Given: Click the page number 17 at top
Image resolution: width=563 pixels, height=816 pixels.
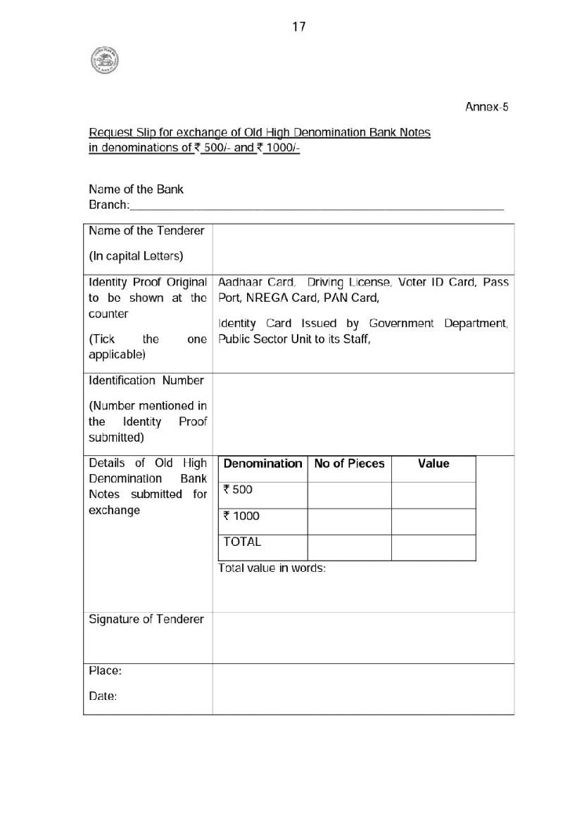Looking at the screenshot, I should pyautogui.click(x=298, y=27).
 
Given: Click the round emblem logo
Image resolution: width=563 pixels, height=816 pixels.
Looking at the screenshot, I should pyautogui.click(x=104, y=60).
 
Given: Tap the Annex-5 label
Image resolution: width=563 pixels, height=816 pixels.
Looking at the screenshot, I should pyautogui.click(x=486, y=107).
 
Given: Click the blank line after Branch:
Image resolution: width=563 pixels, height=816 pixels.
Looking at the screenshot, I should pyautogui.click(x=317, y=205).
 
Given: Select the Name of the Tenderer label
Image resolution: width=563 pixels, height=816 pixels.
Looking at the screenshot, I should pyautogui.click(x=146, y=231).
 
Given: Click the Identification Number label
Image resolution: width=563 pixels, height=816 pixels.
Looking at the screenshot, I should pyautogui.click(x=146, y=381).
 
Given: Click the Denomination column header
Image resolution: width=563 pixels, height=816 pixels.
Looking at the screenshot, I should pyautogui.click(x=262, y=464).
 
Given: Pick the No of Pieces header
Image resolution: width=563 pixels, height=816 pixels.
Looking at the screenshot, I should pyautogui.click(x=349, y=464).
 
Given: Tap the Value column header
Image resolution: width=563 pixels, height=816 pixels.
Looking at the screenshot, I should pyautogui.click(x=434, y=464).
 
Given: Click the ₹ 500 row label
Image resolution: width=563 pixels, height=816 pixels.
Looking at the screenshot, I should pyautogui.click(x=238, y=490).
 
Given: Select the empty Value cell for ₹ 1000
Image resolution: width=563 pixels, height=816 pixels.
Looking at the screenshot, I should pyautogui.click(x=434, y=521).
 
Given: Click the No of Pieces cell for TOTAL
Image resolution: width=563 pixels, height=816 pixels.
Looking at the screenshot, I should pyautogui.click(x=349, y=547).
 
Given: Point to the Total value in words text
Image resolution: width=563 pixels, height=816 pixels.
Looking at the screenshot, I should pyautogui.click(x=272, y=568).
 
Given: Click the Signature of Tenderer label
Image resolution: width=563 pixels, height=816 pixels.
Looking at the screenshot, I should pyautogui.click(x=146, y=619).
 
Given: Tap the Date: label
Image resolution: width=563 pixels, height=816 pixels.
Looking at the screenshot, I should pyautogui.click(x=103, y=696).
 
